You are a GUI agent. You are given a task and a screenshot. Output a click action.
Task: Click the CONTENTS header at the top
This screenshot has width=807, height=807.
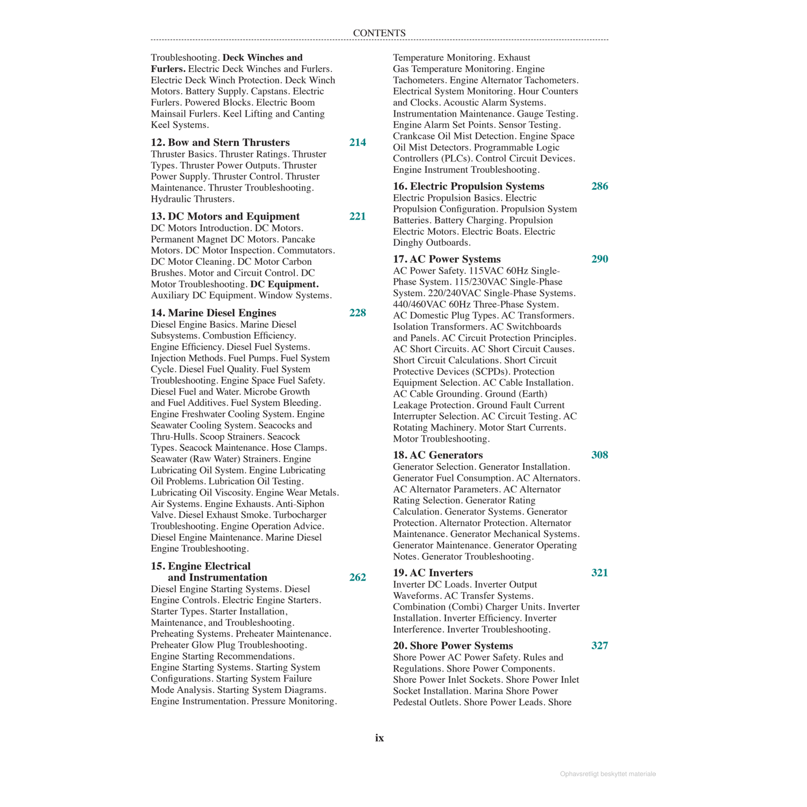coord(379,33)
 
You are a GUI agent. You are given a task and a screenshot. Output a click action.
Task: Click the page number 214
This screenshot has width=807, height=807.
coord(358,143)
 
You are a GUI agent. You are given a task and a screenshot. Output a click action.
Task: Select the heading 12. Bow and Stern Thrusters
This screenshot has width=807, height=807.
coord(220,143)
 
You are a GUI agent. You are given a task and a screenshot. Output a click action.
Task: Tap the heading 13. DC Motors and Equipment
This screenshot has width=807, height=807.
coord(225,216)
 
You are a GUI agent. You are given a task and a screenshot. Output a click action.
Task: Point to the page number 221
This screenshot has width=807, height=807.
coord(358,216)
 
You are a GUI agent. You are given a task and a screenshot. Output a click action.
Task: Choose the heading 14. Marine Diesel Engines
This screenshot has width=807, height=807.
coord(213,313)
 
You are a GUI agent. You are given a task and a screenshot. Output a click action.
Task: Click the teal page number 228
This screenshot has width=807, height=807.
coord(358,313)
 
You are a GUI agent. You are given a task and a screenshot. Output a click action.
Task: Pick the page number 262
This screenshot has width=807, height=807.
coord(358,577)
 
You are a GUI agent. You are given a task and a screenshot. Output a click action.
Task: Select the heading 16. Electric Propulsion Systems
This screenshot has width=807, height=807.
coord(469,186)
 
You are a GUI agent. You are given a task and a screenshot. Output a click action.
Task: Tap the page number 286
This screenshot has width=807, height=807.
coord(600,186)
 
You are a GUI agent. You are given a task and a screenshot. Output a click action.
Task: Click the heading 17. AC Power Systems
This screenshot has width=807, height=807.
coord(447,259)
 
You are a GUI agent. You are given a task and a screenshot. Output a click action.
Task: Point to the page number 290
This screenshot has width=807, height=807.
coord(600,259)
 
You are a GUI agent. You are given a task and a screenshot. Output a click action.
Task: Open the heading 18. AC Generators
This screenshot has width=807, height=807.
coord(438,455)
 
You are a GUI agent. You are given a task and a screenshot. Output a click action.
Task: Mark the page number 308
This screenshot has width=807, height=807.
coord(600,455)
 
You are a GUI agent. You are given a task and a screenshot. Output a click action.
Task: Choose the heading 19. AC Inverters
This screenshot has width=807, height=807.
coord(433,573)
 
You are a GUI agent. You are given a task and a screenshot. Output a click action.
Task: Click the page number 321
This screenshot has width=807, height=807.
coord(600,573)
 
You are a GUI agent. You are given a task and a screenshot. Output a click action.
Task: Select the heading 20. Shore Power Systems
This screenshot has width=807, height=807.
coord(452,646)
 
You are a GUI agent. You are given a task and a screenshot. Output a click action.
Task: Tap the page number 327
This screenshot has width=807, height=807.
coord(600,646)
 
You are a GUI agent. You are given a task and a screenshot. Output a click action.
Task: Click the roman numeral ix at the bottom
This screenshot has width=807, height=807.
coord(380,738)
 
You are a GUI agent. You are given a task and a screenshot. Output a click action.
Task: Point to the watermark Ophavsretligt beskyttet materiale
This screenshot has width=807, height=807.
coord(608,774)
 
